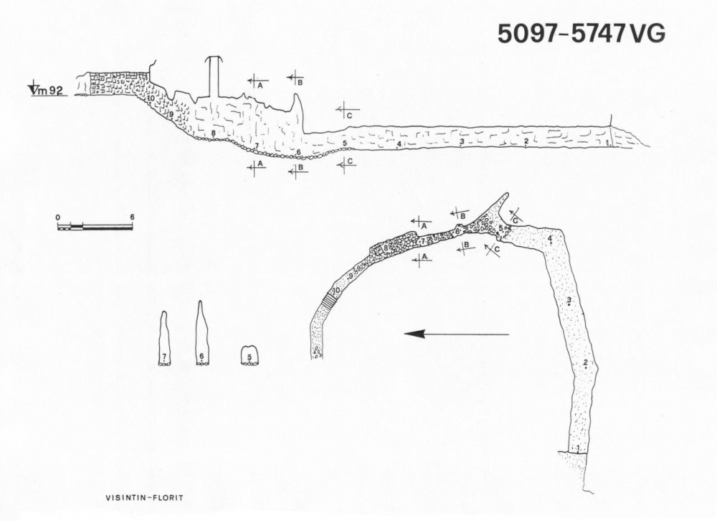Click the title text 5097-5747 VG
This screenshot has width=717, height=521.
(581, 33)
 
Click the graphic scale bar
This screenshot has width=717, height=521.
(95, 227)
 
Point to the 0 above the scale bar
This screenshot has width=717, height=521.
(58, 216)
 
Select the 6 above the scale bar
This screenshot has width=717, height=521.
(132, 216)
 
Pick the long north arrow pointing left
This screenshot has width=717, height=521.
(455, 334)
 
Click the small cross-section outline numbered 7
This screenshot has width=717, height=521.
(164, 339)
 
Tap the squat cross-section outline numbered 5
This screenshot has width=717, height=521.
(249, 355)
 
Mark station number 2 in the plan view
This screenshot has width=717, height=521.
(587, 363)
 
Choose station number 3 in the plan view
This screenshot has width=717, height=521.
(569, 301)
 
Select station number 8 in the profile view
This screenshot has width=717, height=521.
(214, 133)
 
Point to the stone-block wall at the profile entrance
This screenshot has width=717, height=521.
(115, 83)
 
